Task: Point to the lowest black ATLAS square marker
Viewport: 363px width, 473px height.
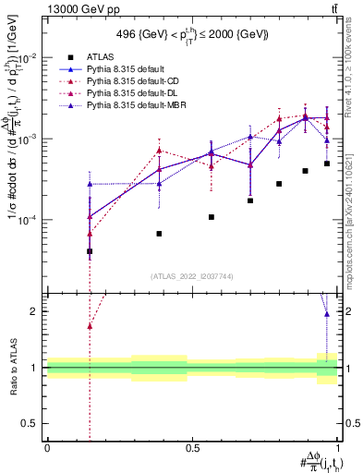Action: click(x=90, y=251)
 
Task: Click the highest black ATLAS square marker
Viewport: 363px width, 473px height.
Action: click(x=327, y=164)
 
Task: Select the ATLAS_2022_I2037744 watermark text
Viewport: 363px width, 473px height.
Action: click(x=192, y=276)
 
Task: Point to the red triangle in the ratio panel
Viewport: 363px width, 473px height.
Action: click(x=90, y=326)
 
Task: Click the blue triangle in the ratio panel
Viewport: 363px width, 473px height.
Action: click(x=327, y=314)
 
